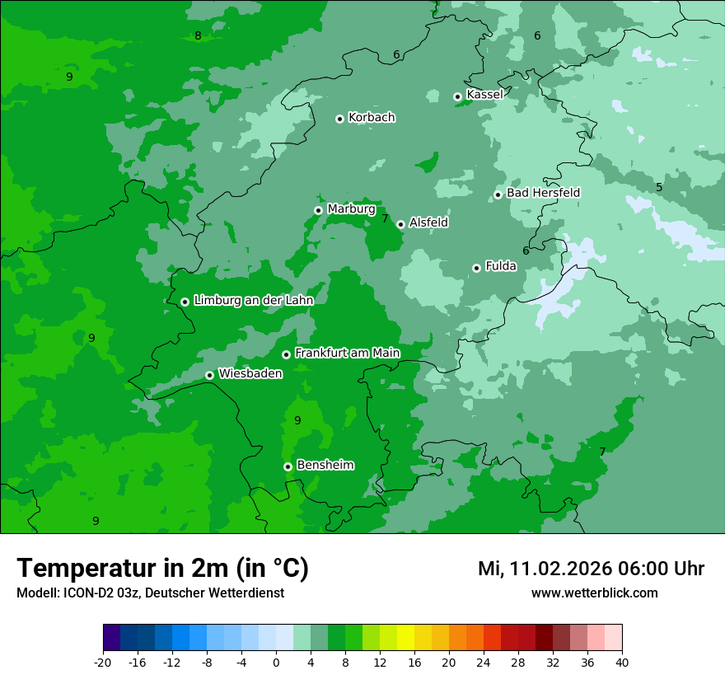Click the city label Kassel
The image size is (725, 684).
pos(484,95)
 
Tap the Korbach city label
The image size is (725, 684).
pos(372,117)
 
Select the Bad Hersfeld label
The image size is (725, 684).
pos(543,193)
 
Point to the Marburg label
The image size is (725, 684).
pos(351,209)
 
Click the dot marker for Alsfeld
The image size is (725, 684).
pos(400,224)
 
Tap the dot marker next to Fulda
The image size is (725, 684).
pos(476,268)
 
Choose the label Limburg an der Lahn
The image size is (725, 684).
pos(253,301)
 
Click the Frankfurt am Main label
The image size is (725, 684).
pos(347,354)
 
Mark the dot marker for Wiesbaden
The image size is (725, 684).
pos(209,375)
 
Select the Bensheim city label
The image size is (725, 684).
pos(325,466)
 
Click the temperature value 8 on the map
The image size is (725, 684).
pos(198,35)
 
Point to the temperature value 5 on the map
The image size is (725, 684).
pos(659,188)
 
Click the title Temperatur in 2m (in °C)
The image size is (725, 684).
pos(162,569)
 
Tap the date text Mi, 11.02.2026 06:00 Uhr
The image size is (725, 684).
pos(591,569)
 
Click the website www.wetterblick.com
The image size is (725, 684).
pos(594,593)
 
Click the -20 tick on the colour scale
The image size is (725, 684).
pos(103,662)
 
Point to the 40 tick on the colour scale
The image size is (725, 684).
pos(621,662)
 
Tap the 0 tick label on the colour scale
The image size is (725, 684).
pos(276,662)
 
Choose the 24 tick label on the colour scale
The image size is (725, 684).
pos(483,662)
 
